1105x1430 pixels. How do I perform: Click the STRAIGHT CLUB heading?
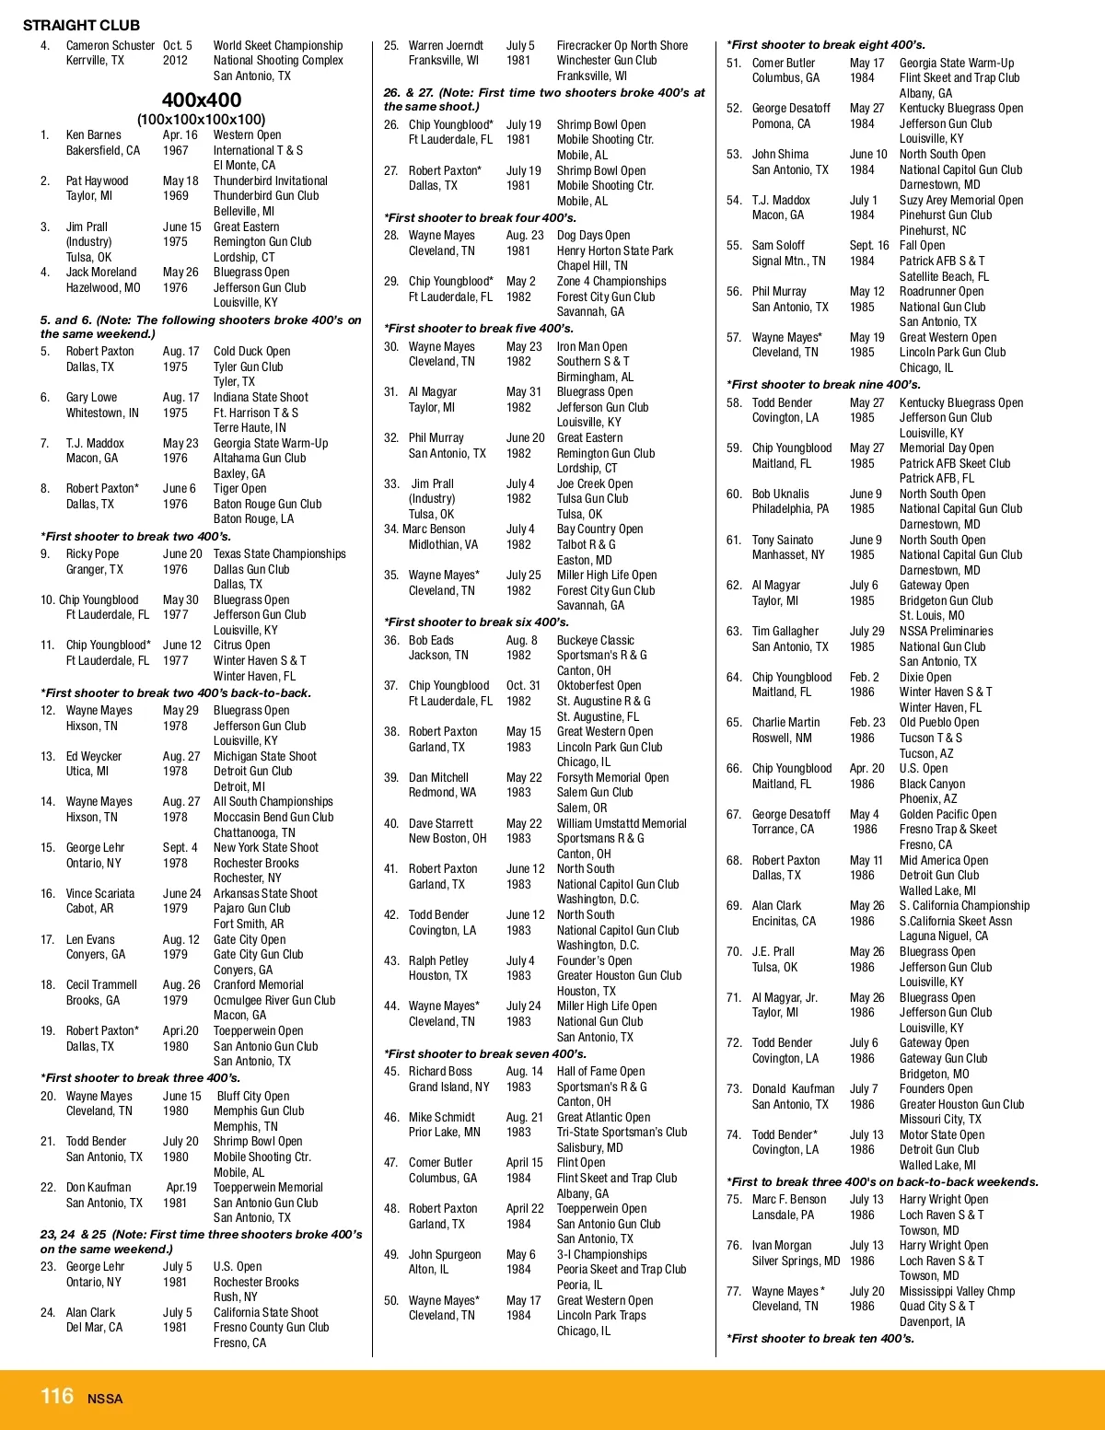click(x=81, y=25)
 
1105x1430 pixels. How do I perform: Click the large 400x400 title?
click(x=202, y=99)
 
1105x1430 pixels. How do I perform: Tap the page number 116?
click(x=56, y=1396)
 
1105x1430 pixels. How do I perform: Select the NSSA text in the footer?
click(x=105, y=1399)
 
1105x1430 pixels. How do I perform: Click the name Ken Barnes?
click(x=93, y=134)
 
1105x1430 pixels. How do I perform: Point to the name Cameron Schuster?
click(x=110, y=45)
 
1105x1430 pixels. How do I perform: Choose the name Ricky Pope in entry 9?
click(x=92, y=553)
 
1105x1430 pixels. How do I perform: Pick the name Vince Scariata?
click(x=99, y=893)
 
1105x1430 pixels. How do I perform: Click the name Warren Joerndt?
click(x=446, y=45)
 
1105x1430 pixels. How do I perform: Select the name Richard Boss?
click(x=440, y=1071)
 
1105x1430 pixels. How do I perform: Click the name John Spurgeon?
click(x=445, y=1254)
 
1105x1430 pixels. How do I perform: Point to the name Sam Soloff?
click(x=778, y=245)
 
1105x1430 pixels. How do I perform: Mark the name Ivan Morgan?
click(x=782, y=1245)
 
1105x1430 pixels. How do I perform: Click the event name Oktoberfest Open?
click(x=599, y=685)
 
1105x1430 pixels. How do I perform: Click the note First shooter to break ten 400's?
click(x=820, y=1338)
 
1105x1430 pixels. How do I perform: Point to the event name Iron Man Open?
click(x=592, y=346)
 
